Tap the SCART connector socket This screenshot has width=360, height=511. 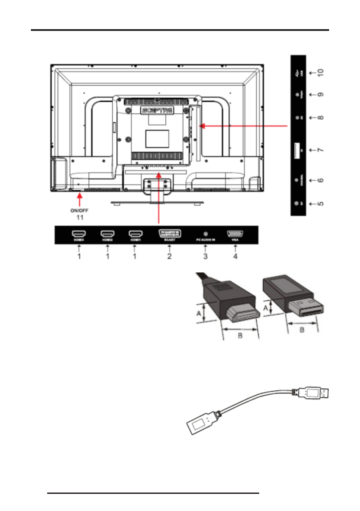[x=169, y=234]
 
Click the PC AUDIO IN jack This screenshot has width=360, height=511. [x=205, y=234]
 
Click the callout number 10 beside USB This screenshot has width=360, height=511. [x=321, y=73]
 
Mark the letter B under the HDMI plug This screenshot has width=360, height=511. [x=240, y=336]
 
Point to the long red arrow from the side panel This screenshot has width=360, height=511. [x=245, y=126]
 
